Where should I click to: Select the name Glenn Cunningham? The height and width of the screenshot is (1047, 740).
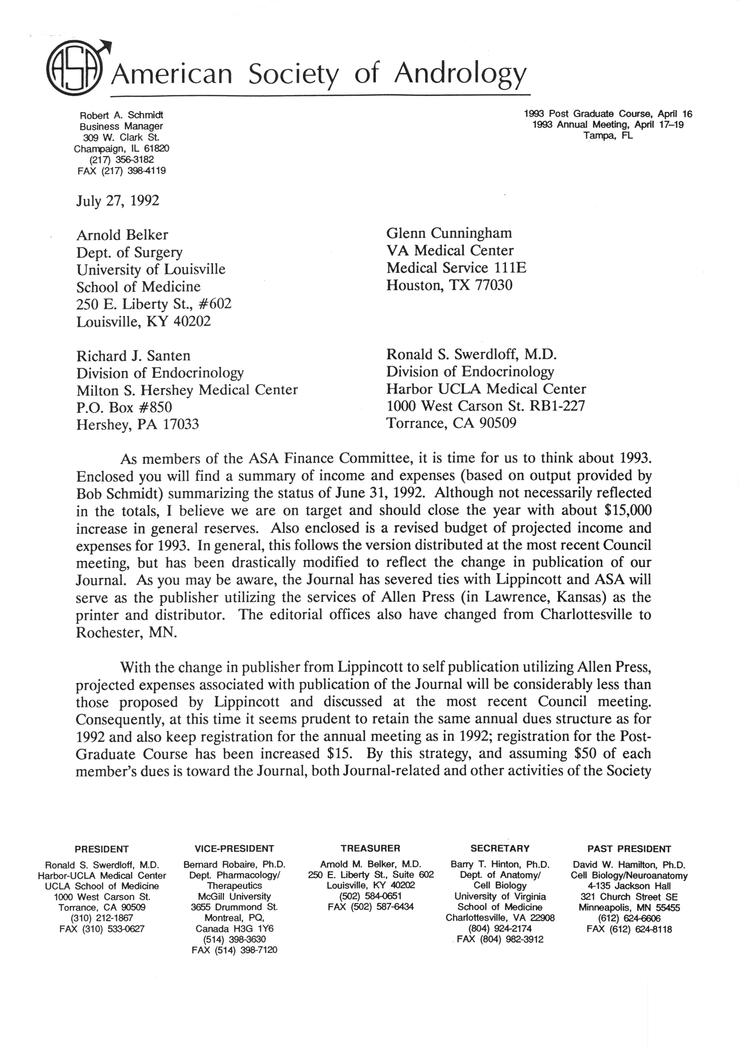[449, 233]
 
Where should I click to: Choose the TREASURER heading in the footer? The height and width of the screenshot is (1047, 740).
[370, 848]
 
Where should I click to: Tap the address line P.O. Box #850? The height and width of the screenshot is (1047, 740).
[124, 407]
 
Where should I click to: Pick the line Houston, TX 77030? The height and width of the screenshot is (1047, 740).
[449, 286]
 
